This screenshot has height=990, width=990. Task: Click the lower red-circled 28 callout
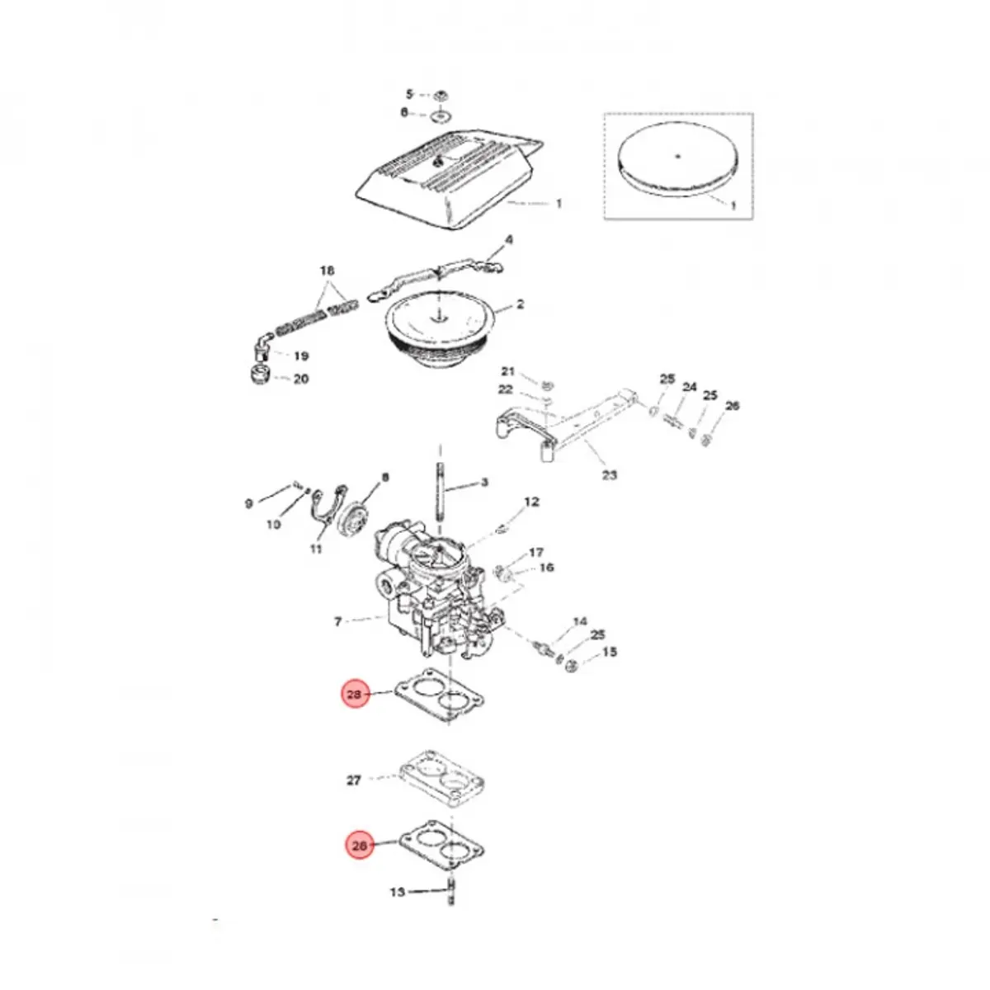coord(359,846)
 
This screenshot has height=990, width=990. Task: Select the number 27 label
coord(354,780)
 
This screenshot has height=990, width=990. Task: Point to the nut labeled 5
coord(441,94)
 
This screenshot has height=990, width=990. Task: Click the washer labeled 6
coord(441,113)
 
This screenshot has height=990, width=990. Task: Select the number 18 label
coord(328,271)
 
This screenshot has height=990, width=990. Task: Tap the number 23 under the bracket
coord(609,475)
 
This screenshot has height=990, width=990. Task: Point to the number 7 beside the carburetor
coord(337,621)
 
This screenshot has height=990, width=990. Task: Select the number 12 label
coord(531,502)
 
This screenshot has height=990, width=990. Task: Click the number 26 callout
coord(732,406)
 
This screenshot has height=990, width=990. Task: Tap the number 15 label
coord(609,653)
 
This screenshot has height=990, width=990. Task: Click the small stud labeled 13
coord(451,891)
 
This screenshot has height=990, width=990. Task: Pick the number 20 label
coord(301,379)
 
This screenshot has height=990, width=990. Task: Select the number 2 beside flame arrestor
coord(520,304)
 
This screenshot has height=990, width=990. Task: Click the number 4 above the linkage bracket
coord(509,240)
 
